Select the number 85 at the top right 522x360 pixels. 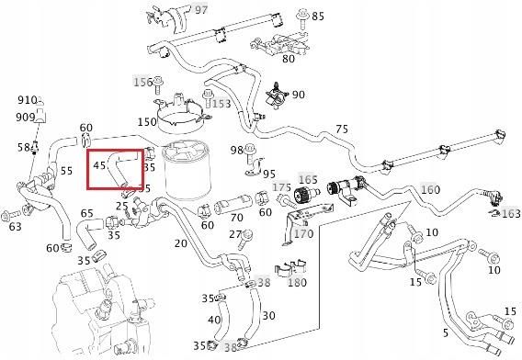tap(318, 17)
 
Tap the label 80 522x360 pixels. tap(288, 60)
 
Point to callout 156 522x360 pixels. tap(142, 82)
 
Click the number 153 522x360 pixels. tap(221, 104)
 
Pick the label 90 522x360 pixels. tap(298, 96)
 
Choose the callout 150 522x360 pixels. tap(147, 122)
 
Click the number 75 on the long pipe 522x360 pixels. tap(342, 129)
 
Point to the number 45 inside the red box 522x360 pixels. tap(99, 166)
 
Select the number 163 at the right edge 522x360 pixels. tap(510, 213)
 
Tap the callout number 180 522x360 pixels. tap(296, 282)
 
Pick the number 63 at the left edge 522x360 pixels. tap(15, 226)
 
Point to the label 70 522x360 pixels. tap(236, 218)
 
